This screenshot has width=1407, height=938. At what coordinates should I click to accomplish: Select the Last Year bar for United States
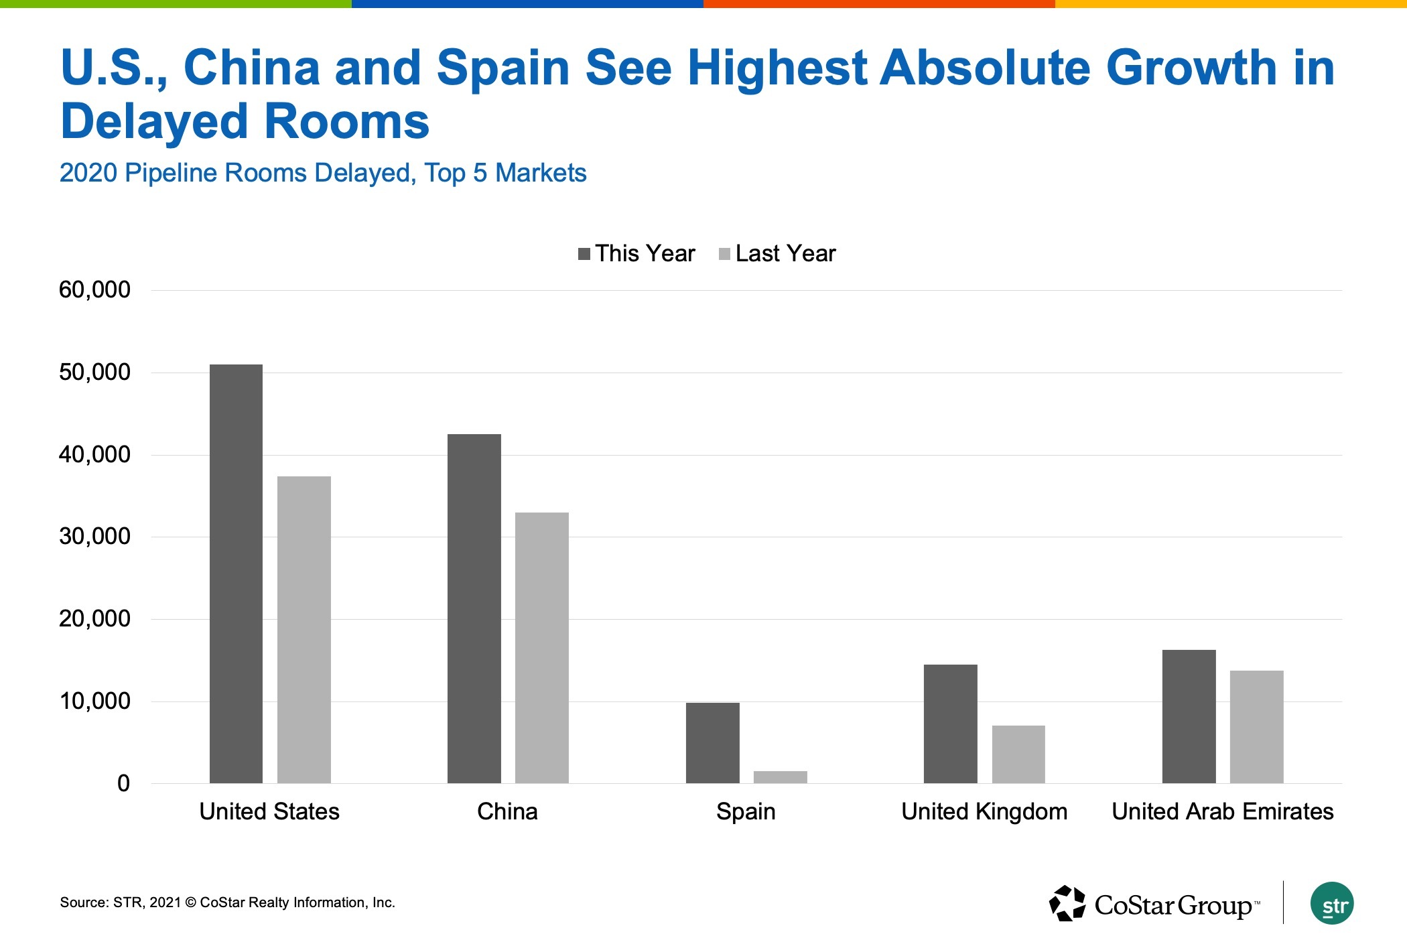point(304,630)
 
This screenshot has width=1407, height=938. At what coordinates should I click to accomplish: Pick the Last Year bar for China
point(541,648)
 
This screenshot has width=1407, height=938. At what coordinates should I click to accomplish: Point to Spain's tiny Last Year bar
point(780,777)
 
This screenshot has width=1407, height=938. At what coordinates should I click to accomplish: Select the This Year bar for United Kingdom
point(950,724)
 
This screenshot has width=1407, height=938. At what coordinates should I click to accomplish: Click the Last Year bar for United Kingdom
point(1018,754)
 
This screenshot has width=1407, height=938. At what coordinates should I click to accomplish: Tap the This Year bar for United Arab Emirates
point(1189,716)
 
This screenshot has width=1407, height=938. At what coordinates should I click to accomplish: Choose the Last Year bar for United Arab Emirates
point(1256,727)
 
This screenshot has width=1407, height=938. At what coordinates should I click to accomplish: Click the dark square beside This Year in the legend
point(584,254)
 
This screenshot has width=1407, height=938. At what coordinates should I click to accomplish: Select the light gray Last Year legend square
point(724,254)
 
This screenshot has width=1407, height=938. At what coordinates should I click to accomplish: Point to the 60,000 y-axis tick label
point(94,290)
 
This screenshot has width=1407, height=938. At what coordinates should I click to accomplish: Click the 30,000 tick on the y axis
point(94,537)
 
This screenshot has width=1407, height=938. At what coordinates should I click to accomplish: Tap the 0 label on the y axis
point(123,783)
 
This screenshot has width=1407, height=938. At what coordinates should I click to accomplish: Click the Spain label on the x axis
point(746,811)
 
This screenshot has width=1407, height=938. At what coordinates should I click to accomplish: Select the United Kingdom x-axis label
point(984,811)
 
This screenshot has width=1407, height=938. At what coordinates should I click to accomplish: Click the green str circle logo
point(1332,904)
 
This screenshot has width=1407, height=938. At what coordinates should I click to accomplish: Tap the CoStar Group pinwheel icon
point(1067,904)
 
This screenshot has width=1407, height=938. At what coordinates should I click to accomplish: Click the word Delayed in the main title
point(154,122)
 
